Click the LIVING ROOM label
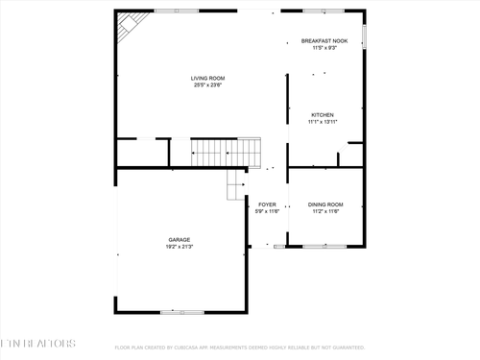pyautogui.click(x=206, y=78)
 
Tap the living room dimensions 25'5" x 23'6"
pyautogui.click(x=206, y=85)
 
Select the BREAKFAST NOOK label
pyautogui.click(x=324, y=41)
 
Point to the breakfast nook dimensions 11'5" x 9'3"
pyautogui.click(x=324, y=48)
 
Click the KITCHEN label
pyautogui.click(x=323, y=115)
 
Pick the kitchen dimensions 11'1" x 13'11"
pyautogui.click(x=323, y=122)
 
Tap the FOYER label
pyautogui.click(x=267, y=204)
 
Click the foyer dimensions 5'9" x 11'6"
pyautogui.click(x=267, y=211)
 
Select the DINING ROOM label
pyautogui.click(x=325, y=204)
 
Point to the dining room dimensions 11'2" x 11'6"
pyautogui.click(x=325, y=211)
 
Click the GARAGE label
pyautogui.click(x=180, y=240)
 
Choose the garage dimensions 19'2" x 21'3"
pyautogui.click(x=180, y=247)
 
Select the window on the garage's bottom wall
pyautogui.click(x=181, y=312)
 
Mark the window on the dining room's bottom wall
pyautogui.click(x=324, y=247)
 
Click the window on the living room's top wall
pyautogui.click(x=176, y=11)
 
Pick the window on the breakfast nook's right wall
pyautogui.click(x=364, y=39)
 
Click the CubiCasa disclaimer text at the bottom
pyautogui.click(x=240, y=348)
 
